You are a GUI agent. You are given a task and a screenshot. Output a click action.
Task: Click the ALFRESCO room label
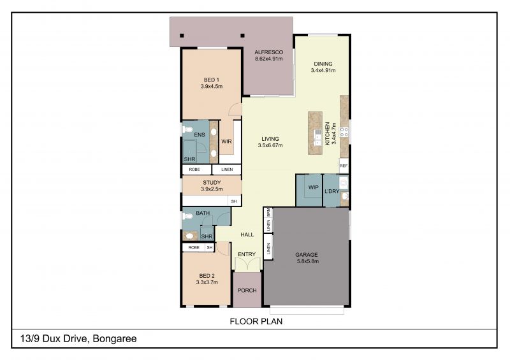268,52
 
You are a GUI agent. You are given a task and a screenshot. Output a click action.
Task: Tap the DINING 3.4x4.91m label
323,67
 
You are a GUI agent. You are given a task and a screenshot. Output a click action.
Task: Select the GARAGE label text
307,255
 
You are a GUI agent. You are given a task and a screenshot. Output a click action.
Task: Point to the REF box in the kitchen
344,166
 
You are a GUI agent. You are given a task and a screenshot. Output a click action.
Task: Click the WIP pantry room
309,191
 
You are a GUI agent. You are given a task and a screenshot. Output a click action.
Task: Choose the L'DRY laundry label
331,192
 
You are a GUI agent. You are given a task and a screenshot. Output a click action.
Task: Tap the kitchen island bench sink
317,138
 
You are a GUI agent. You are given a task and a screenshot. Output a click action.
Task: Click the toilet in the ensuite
187,130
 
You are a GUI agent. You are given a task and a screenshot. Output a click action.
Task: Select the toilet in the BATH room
187,216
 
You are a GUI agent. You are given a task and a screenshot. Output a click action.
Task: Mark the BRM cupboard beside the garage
268,213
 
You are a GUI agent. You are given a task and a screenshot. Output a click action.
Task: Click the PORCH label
247,290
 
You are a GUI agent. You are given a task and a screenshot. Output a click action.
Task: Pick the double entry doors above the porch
247,264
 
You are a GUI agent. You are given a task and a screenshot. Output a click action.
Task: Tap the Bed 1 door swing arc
234,109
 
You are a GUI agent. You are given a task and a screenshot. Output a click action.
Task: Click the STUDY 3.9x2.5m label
212,185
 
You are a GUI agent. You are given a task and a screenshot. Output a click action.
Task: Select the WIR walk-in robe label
226,141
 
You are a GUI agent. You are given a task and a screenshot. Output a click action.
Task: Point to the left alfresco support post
182,36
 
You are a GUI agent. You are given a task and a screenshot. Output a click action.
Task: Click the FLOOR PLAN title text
256,321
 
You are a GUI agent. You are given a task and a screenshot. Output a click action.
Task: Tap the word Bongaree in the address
115,339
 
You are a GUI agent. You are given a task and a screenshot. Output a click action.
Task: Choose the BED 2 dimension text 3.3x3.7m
207,282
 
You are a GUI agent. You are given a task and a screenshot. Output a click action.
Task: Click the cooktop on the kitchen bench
344,132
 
